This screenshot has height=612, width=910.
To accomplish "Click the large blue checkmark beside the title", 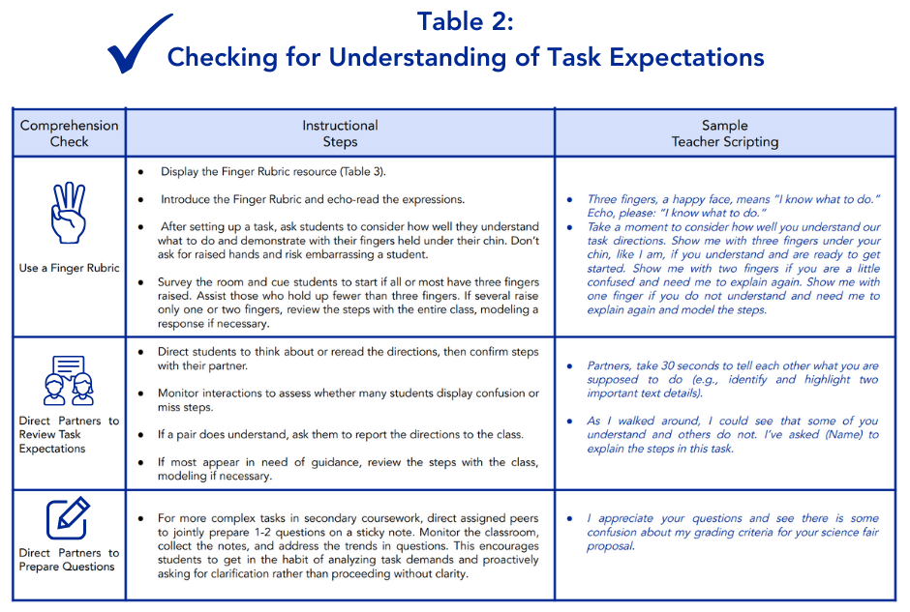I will click(140, 44).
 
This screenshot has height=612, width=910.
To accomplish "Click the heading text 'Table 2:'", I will click(465, 21).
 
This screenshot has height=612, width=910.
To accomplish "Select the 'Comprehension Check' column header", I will click(69, 133).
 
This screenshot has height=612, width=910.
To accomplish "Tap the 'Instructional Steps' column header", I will click(340, 133).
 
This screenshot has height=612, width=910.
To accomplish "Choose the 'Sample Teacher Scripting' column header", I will click(724, 133).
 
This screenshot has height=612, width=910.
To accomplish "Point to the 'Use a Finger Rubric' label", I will click(69, 268).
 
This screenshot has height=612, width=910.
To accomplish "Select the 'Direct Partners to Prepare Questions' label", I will click(69, 560).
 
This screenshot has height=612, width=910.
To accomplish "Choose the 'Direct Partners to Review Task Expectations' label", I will click(69, 435).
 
